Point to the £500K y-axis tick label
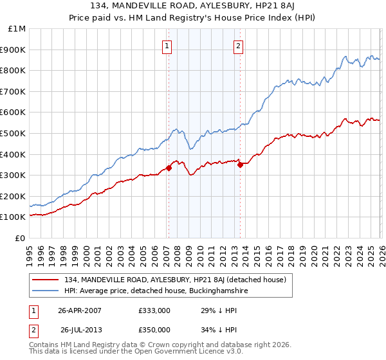tap(14, 133)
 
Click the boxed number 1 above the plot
tap(167, 46)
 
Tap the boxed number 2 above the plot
tap(239, 46)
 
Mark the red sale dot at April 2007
tap(169, 168)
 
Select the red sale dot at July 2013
tap(240, 165)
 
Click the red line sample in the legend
tap(46, 280)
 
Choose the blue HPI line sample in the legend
tap(46, 291)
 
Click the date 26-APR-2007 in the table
tap(80, 310)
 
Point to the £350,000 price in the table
tap(154, 330)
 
